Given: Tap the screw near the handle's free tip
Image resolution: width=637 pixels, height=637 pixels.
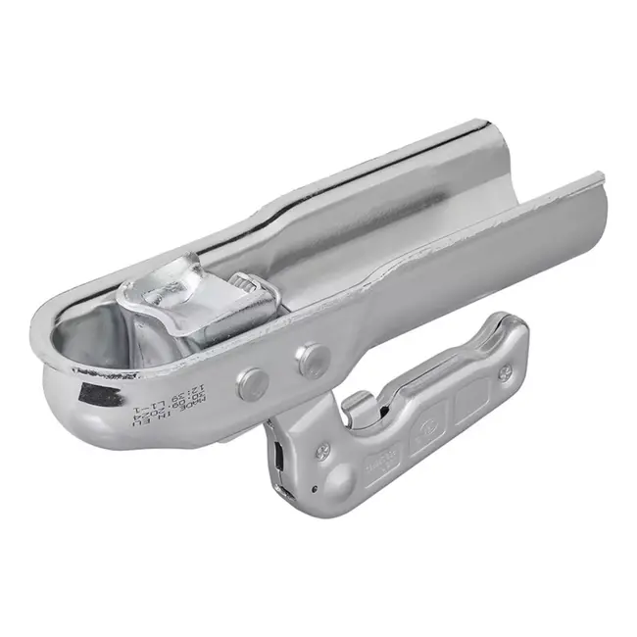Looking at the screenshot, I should tap(504, 372).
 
